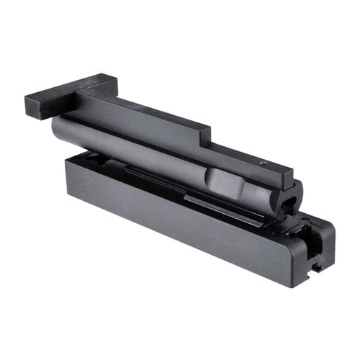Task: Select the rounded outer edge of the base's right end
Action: point(330,238)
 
